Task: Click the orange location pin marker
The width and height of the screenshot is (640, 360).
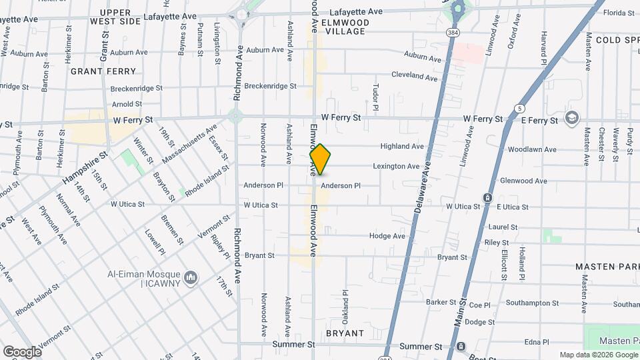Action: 320,159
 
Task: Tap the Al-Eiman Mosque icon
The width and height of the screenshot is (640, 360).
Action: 191,277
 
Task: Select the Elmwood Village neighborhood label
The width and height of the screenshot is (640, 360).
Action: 343,26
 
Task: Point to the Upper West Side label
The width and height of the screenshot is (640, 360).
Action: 120,17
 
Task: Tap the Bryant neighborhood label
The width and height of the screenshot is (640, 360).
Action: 345,333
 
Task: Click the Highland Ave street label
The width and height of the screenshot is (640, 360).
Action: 402,147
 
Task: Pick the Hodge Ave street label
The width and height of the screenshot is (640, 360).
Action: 387,236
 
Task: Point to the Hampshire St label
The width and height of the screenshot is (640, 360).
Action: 85,171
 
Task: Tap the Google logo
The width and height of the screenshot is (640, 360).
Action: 22,351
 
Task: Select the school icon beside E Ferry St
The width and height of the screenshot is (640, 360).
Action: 571,118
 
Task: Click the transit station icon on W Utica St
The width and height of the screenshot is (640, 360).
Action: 488,198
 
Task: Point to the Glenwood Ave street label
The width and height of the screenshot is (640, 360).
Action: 523,181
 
